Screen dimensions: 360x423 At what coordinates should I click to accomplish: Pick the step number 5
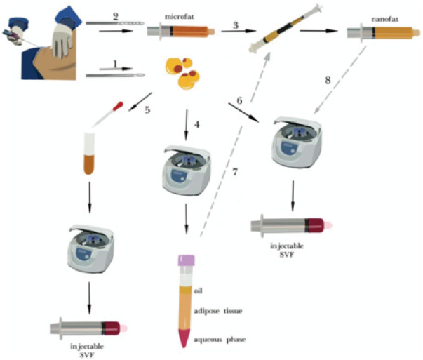click(x=146, y=109)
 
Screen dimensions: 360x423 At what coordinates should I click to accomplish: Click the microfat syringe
click(x=180, y=30)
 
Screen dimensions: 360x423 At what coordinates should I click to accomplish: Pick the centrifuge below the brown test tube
click(x=90, y=248)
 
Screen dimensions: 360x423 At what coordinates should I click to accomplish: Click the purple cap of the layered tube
click(x=186, y=261)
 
